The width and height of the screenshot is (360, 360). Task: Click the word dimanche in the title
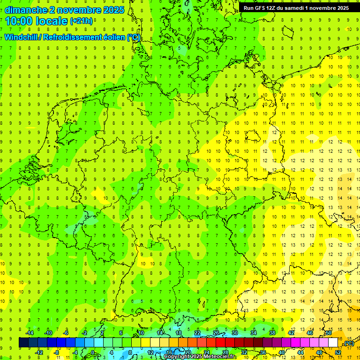click(x=25, y=10)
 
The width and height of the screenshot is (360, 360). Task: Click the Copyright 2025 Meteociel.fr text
click(x=199, y=357)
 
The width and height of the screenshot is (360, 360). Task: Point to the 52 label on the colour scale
click(x=338, y=352)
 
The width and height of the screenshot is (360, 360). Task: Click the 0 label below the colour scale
click(x=93, y=352)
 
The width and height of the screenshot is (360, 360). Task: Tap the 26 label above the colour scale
click(x=216, y=333)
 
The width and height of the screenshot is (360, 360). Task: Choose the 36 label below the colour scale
click(x=262, y=352)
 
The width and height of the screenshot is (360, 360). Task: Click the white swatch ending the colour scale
click(x=333, y=343)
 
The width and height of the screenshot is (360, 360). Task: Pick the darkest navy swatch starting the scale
click(x=23, y=343)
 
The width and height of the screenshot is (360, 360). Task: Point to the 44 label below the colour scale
click(x=300, y=352)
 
